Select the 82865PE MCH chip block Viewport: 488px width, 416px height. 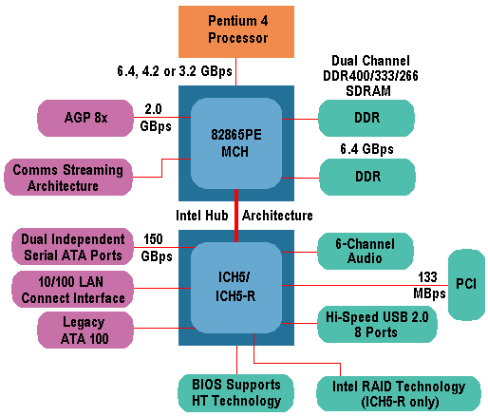[235, 135]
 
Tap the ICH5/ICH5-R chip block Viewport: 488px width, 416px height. [235, 285]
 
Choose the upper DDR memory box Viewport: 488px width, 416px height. [366, 119]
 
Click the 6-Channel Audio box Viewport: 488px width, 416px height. [366, 249]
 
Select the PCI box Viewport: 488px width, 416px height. [464, 284]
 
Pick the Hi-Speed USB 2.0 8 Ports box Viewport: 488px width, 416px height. [377, 325]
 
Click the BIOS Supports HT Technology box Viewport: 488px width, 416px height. [235, 393]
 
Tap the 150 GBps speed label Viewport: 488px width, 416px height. [157, 246]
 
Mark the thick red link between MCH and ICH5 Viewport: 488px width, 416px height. [235, 215]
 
